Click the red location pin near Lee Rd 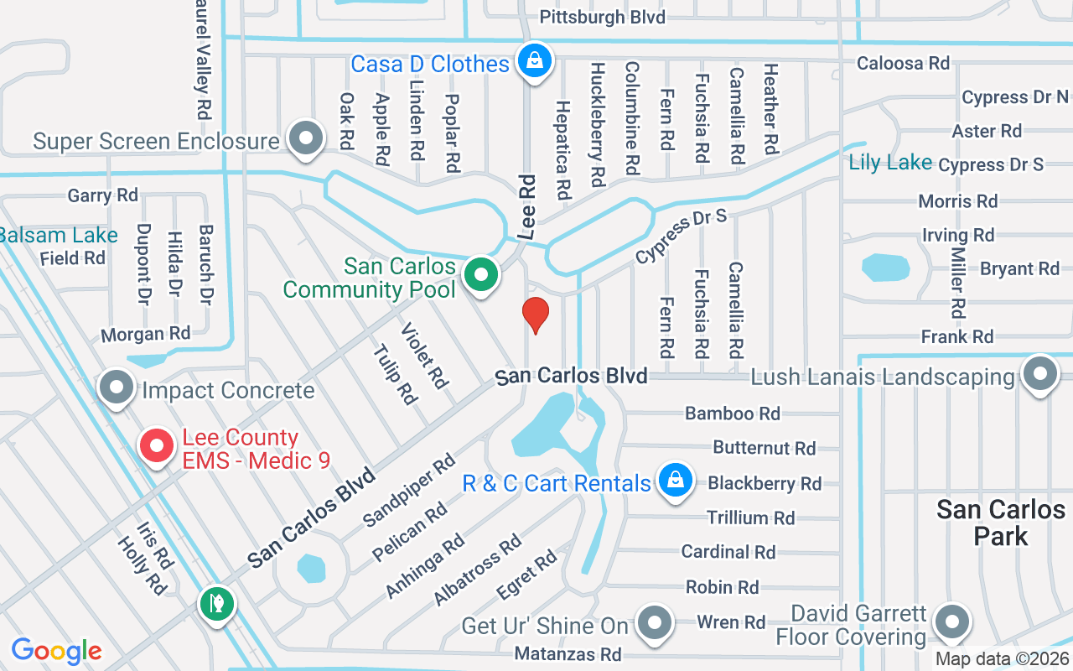tap(536, 315)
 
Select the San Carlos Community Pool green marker tap(481, 274)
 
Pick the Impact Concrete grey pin tap(117, 388)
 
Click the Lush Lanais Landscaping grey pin tap(1040, 373)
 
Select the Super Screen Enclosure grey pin tap(305, 138)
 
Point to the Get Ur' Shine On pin tap(655, 623)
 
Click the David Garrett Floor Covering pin tap(951, 622)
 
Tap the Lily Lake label tap(890, 162)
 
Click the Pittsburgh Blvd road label tap(602, 17)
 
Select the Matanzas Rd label tap(568, 653)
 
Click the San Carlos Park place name tap(1000, 522)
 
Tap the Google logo tap(57, 650)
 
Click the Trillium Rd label tap(750, 518)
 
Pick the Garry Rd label tap(102, 195)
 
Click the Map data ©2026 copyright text tap(1002, 659)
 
